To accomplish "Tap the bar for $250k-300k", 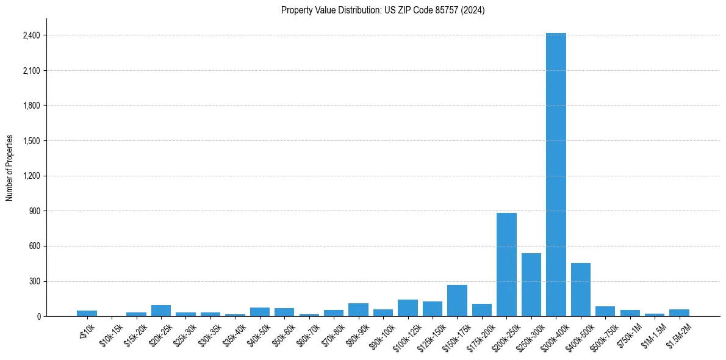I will [x=531, y=284].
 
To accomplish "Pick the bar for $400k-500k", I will [x=581, y=289].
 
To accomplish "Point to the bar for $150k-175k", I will [x=457, y=300].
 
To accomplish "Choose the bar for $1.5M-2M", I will [x=679, y=312].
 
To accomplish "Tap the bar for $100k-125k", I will [x=408, y=308].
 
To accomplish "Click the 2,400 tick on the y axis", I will [x=31, y=35].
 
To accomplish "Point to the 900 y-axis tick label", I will [x=34, y=211].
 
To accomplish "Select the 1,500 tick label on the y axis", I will [x=31, y=141].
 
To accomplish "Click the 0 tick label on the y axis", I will [x=38, y=317].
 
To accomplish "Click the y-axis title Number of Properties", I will [x=10, y=168].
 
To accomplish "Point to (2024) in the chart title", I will [x=473, y=10].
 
